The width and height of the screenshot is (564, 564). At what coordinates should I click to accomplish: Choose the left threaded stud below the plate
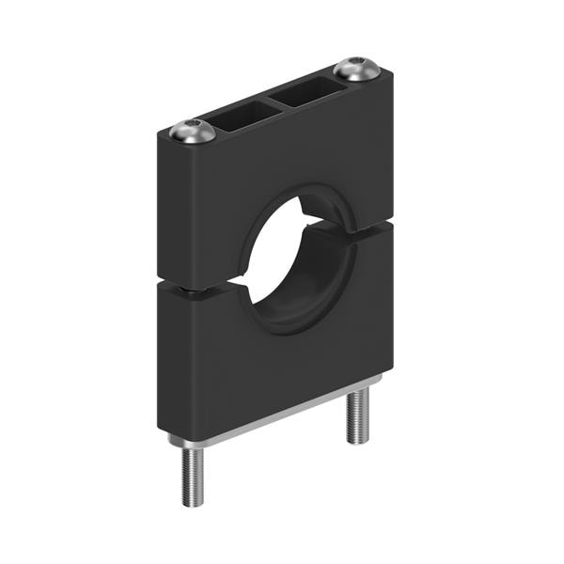click(x=191, y=476)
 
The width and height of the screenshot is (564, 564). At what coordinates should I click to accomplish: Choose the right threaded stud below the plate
click(x=357, y=414)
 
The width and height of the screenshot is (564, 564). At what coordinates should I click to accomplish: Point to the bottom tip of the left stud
click(x=191, y=505)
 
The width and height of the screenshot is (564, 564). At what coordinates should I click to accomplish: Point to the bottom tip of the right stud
click(x=357, y=440)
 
